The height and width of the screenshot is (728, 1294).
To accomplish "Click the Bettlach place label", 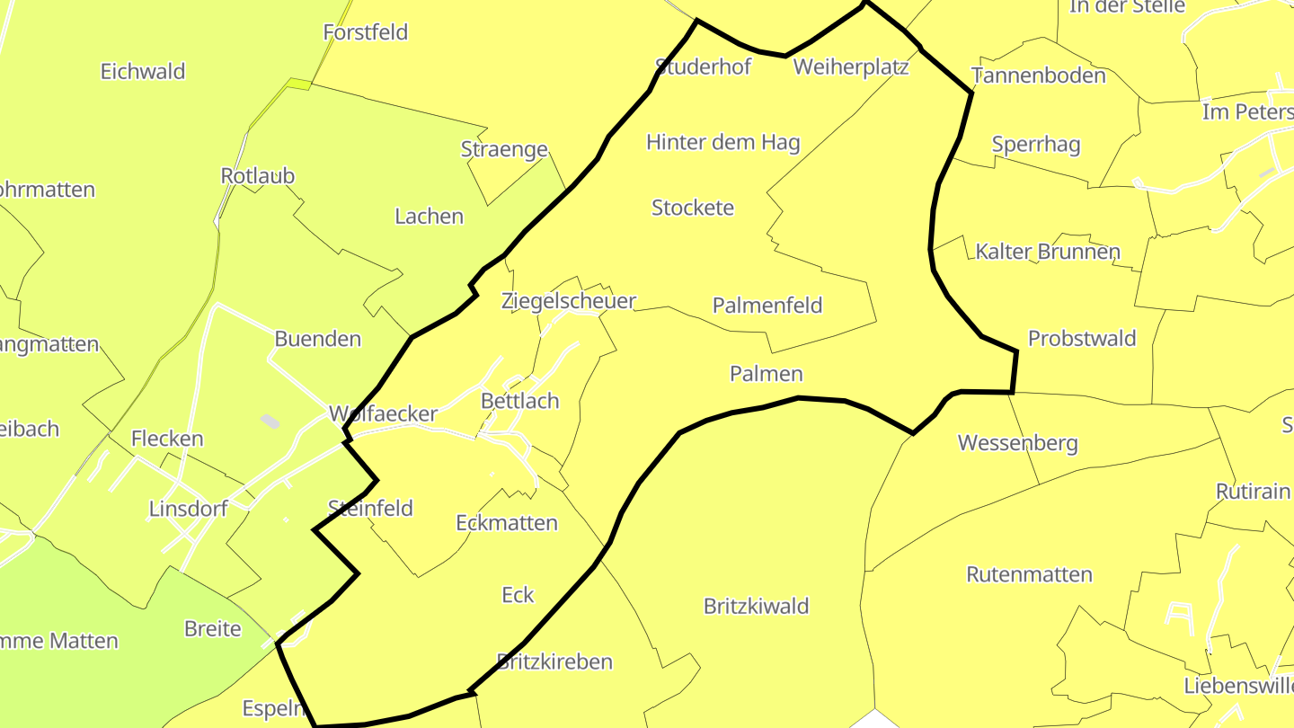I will tap(520, 401).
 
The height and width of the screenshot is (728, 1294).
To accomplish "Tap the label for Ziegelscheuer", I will tap(569, 301).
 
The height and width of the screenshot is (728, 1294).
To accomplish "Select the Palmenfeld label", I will tap(767, 306).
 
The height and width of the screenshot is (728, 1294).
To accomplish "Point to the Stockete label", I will tap(693, 208).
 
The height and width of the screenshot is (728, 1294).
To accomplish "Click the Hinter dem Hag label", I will tap(723, 142).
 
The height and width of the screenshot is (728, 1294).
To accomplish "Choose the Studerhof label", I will tap(703, 67).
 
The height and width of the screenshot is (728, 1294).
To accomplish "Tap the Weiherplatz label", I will tap(852, 67).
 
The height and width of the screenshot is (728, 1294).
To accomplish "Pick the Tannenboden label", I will tap(1039, 75).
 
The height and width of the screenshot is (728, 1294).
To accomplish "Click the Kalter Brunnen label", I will tap(1048, 252).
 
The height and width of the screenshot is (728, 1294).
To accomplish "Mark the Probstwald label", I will tap(1082, 339).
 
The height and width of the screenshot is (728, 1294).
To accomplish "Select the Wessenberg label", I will tap(1017, 443).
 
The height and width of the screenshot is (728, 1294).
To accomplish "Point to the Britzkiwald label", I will tap(757, 607).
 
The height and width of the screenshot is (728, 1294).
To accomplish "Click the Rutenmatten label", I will tap(1029, 575).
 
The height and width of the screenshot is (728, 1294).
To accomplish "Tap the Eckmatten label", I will tap(507, 523).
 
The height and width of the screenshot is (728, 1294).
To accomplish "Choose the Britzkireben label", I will tap(554, 662).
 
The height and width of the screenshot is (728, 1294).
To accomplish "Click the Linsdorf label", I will tap(188, 510).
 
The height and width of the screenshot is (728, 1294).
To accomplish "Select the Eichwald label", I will tap(143, 72).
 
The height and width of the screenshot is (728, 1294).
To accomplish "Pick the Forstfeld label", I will tap(366, 32).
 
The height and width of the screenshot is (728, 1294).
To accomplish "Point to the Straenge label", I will tap(504, 150).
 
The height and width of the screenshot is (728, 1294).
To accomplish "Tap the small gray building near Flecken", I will tap(270, 421).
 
